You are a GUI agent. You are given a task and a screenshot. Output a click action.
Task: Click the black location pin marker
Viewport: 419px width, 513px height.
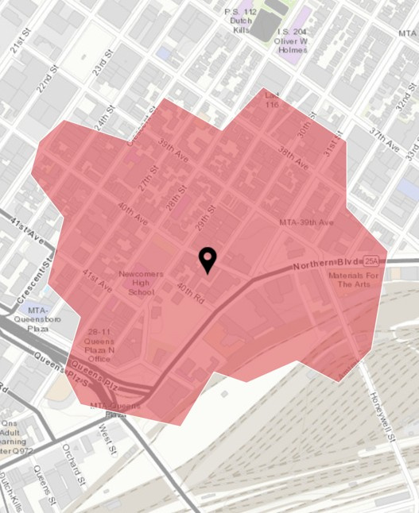(x=208, y=260)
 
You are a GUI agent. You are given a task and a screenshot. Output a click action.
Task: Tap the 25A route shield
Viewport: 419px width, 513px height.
(x=371, y=260)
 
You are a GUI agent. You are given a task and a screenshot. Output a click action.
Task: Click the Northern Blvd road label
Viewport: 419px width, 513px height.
(x=326, y=264)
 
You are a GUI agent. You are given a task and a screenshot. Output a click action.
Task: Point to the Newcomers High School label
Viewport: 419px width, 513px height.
(x=141, y=283)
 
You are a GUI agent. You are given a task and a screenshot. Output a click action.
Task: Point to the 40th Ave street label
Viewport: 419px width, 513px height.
(x=133, y=213)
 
